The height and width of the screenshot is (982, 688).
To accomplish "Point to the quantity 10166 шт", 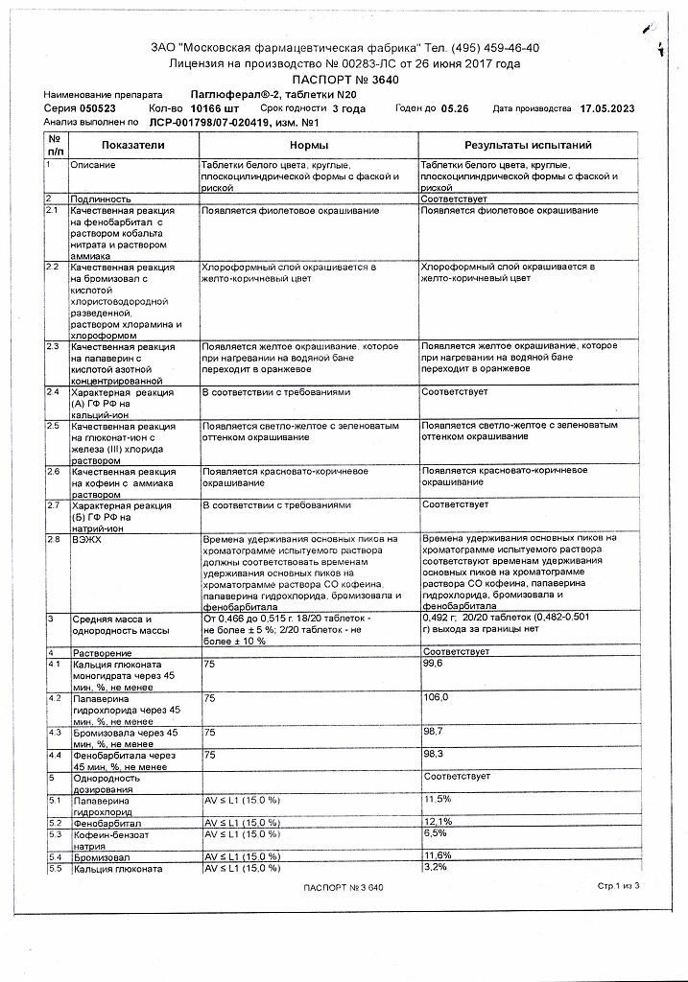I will [205, 109].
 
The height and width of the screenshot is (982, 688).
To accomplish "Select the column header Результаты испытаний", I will [527, 145].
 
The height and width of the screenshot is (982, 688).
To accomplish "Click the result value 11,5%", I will [437, 799].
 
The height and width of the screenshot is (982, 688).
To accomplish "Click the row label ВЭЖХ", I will [88, 539].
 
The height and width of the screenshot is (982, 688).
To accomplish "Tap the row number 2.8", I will [54, 539].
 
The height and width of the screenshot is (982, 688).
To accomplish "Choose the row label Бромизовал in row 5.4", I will [101, 855].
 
